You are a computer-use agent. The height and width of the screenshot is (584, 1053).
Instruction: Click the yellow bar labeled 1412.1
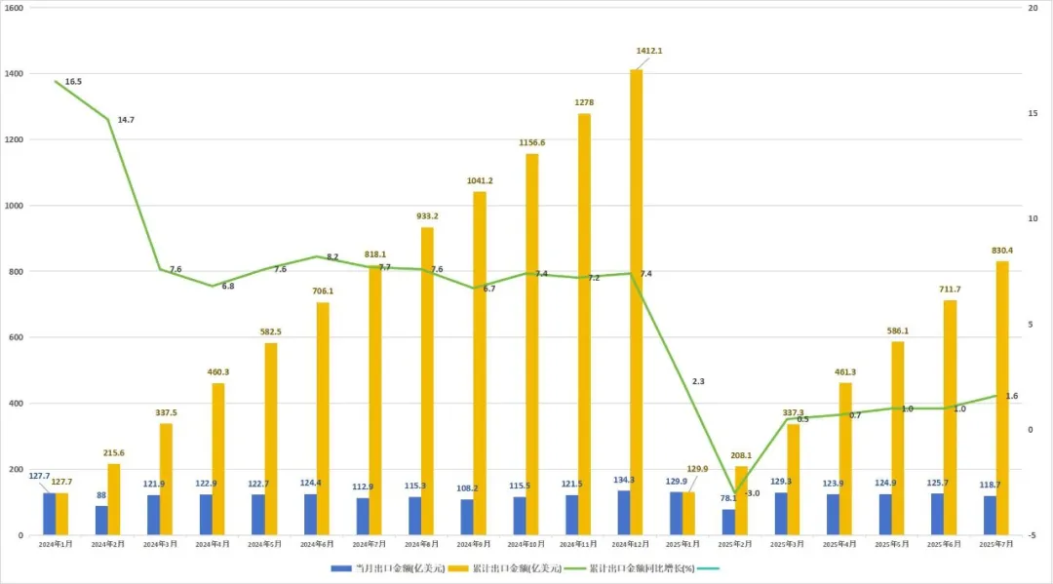pyautogui.click(x=636, y=302)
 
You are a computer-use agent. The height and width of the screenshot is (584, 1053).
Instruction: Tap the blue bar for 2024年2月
pyautogui.click(x=101, y=521)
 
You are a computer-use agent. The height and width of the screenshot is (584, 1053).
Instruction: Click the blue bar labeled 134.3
pyautogui.click(x=623, y=513)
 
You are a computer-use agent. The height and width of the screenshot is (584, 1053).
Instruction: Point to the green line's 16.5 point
pyautogui.click(x=56, y=81)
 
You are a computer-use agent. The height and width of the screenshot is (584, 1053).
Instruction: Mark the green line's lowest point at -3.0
pyautogui.click(x=735, y=492)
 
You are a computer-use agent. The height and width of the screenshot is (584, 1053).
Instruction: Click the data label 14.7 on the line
pyautogui.click(x=126, y=120)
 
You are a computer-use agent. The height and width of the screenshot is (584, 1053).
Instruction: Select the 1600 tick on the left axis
pyautogui.click(x=15, y=8)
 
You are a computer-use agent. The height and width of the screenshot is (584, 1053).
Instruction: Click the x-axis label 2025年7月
pyautogui.click(x=996, y=544)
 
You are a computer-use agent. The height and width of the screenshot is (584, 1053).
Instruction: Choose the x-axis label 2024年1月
pyautogui.click(x=56, y=544)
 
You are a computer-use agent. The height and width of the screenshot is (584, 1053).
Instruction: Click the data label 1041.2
pyautogui.click(x=480, y=180)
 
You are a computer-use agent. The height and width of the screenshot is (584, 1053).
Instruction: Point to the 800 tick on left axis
pyautogui.click(x=17, y=272)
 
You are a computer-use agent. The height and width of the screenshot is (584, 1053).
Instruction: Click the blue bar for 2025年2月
pyautogui.click(x=728, y=523)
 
